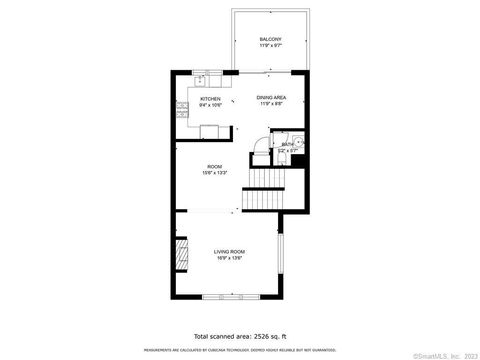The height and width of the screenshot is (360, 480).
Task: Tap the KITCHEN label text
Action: pyautogui.click(x=210, y=99)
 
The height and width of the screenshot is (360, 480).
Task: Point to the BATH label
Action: pyautogui.click(x=287, y=145)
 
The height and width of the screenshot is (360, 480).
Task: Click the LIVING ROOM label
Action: pyautogui.click(x=229, y=251)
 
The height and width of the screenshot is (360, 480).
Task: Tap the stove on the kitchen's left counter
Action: pyautogui.click(x=183, y=111)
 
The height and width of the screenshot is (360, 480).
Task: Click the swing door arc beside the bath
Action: pyautogui.click(x=258, y=146)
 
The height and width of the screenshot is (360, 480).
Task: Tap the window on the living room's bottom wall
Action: pyautogui.click(x=229, y=297)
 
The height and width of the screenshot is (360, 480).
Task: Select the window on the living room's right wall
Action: pyautogui.click(x=281, y=254)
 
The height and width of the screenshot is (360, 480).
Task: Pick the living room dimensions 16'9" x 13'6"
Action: pyautogui.click(x=229, y=258)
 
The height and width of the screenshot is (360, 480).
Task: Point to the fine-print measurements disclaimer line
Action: pyautogui.click(x=239, y=350)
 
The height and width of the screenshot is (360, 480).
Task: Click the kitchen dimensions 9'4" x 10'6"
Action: pyautogui.click(x=210, y=105)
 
